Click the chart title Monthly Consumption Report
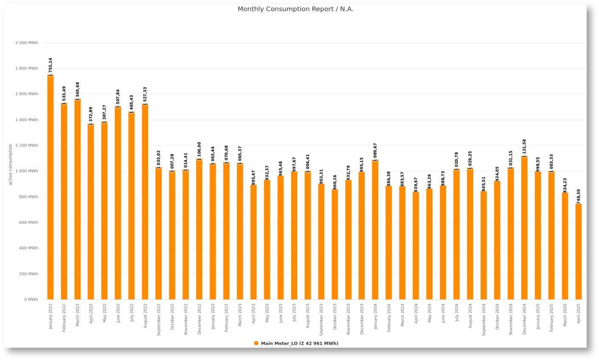point(295,9)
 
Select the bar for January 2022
point(51,187)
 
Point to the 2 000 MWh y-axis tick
point(27,43)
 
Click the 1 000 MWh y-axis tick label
point(27,171)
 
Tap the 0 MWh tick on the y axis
point(31,299)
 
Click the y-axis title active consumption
point(11,164)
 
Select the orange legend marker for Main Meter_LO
point(256,343)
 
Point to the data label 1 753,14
point(51,67)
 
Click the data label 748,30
point(579,196)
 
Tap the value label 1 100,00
point(199,151)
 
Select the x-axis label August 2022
point(145,315)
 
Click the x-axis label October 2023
point(335,316)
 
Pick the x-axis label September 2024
point(484,319)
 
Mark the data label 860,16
point(335,182)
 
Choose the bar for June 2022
point(118,202)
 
